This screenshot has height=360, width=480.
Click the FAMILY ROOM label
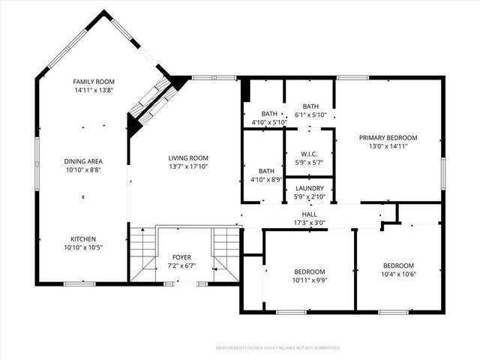[x=93, y=81]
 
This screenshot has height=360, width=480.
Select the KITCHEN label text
[x=82, y=239]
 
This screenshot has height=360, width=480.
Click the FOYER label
[x=181, y=256]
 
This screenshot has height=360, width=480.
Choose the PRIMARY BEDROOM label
[x=388, y=137]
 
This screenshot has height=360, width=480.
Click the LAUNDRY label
[x=309, y=188]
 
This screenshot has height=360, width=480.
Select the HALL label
[x=309, y=214]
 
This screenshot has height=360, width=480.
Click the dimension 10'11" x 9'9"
[x=309, y=280]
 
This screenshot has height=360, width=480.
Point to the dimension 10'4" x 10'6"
[x=398, y=274]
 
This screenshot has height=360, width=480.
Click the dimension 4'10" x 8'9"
[x=265, y=179]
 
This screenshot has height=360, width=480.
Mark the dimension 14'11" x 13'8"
[x=93, y=90]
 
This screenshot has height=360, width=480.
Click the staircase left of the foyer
[x=142, y=253]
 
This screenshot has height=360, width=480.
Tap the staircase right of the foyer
[x=226, y=253]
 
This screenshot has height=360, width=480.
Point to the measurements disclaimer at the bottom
[x=277, y=348]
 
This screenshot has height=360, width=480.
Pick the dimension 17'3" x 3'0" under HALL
[x=309, y=222]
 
